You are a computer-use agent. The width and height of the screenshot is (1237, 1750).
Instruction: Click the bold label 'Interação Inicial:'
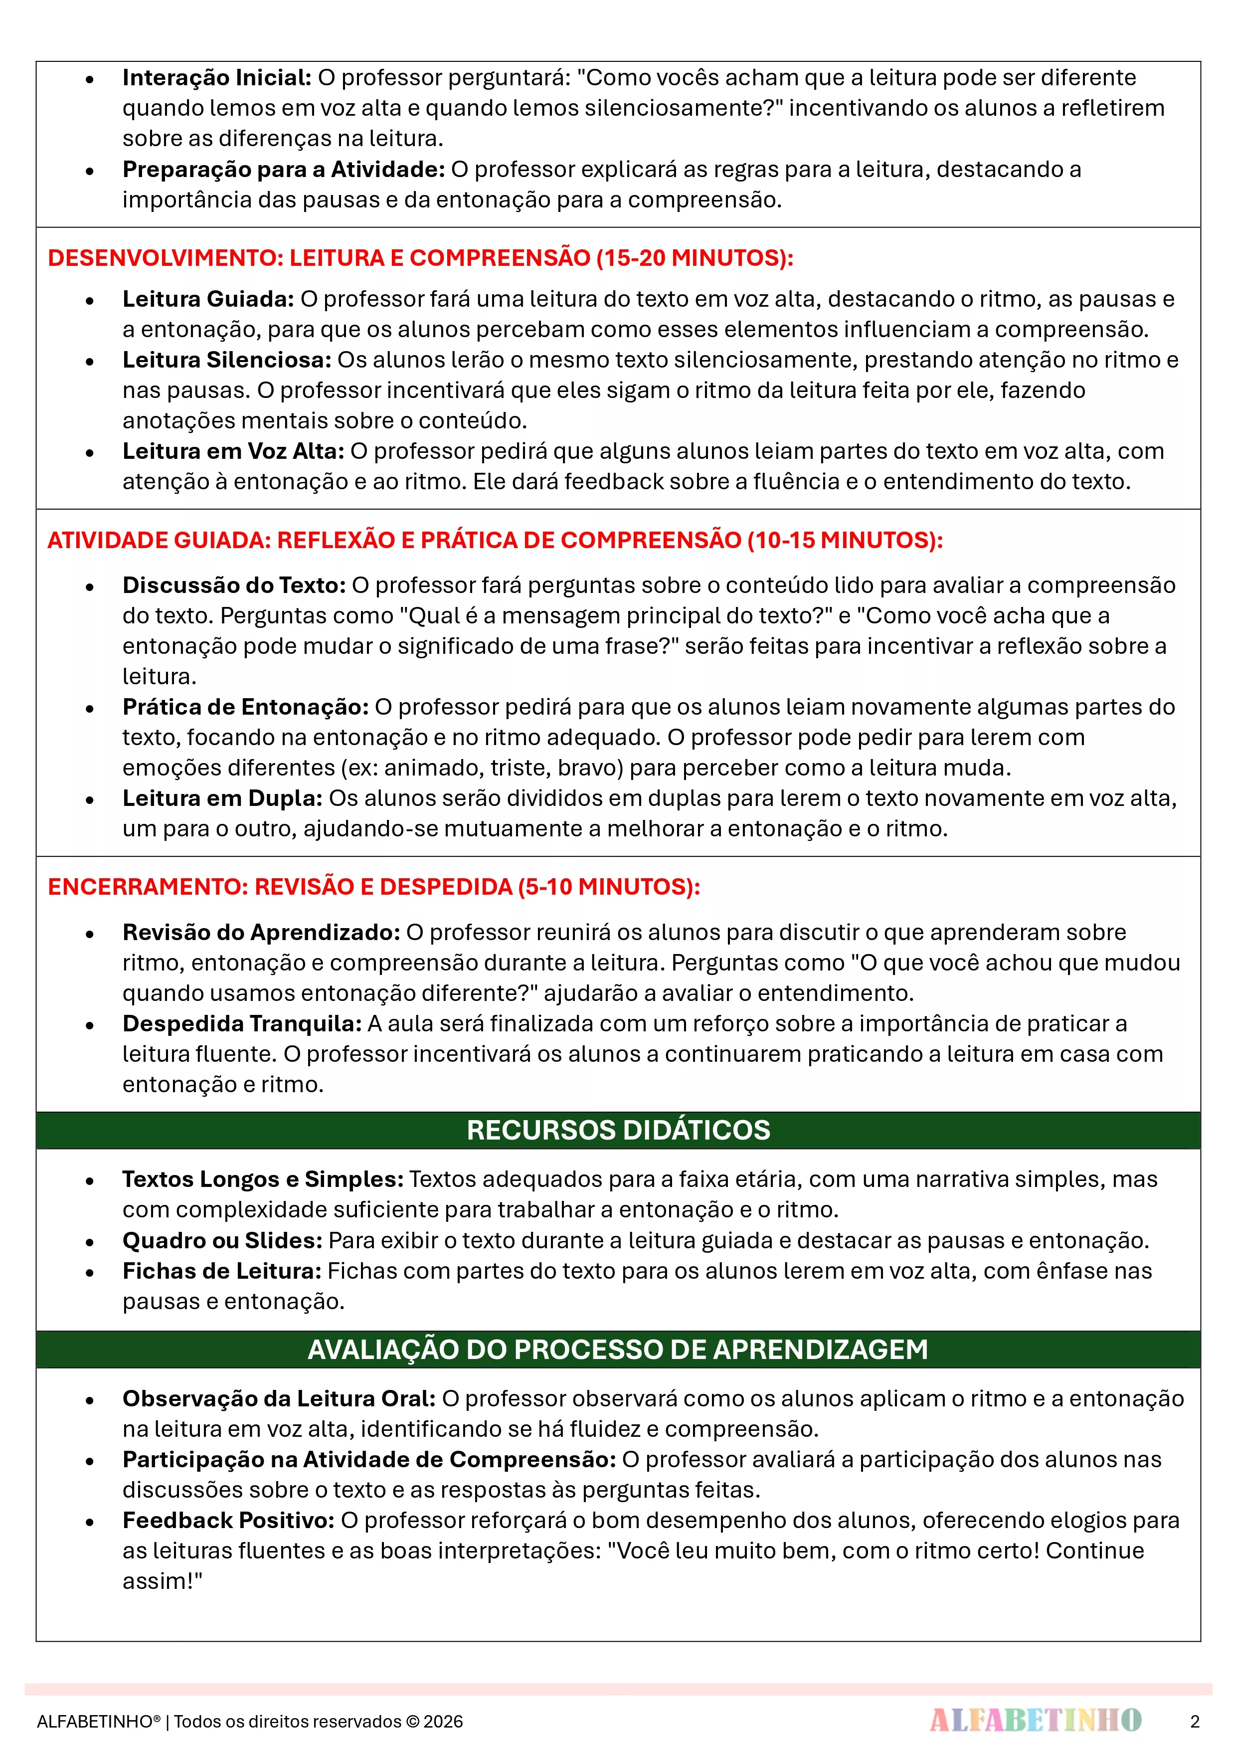tap(216, 78)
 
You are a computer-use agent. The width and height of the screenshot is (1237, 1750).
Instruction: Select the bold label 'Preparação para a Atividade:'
tap(284, 169)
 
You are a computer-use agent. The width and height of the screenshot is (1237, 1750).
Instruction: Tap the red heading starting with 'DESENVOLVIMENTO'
tap(420, 258)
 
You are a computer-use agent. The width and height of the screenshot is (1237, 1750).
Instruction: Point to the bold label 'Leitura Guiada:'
tap(208, 299)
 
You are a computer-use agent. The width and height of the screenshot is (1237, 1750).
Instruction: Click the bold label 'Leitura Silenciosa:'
tap(226, 360)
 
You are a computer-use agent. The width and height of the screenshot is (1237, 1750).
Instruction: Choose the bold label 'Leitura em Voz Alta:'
tap(233, 451)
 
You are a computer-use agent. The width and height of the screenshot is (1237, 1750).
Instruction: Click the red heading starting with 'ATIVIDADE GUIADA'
tap(495, 540)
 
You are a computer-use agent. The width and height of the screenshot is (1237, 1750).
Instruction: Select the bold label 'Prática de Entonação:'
tap(245, 707)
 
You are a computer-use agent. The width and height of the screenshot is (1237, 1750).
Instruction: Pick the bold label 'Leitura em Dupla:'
tap(222, 798)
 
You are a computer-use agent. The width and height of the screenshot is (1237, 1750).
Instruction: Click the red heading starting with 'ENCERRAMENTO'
tap(373, 886)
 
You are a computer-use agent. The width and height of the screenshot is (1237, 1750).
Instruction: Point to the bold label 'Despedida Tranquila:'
tap(242, 1024)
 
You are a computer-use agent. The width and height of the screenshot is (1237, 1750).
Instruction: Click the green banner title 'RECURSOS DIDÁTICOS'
tap(618, 1130)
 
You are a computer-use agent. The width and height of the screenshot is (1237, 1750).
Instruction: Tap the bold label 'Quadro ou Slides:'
tap(222, 1240)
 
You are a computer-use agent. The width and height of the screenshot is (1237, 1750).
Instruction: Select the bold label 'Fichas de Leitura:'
tap(222, 1271)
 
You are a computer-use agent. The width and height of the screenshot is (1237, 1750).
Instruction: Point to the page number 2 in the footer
tap(1194, 1721)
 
